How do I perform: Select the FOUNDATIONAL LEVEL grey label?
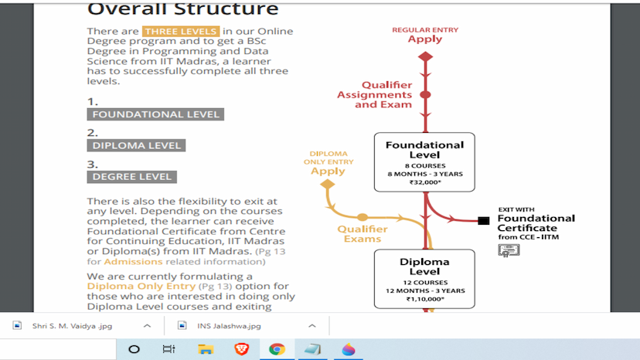click(x=155, y=114)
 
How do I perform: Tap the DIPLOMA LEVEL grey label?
click(x=136, y=145)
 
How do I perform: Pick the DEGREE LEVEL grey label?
click(x=131, y=176)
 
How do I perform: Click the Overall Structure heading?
click(x=182, y=9)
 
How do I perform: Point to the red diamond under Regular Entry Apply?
click(x=425, y=56)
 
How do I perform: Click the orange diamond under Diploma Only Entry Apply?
click(x=327, y=184)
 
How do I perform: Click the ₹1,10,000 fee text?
click(x=425, y=299)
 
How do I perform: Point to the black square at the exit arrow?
click(x=484, y=221)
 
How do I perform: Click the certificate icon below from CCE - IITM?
click(x=509, y=250)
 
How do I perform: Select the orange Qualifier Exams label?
click(x=363, y=233)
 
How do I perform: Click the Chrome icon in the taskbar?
click(x=277, y=349)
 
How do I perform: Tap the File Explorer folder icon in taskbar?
click(x=206, y=349)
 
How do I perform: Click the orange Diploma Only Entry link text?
click(x=131, y=286)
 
